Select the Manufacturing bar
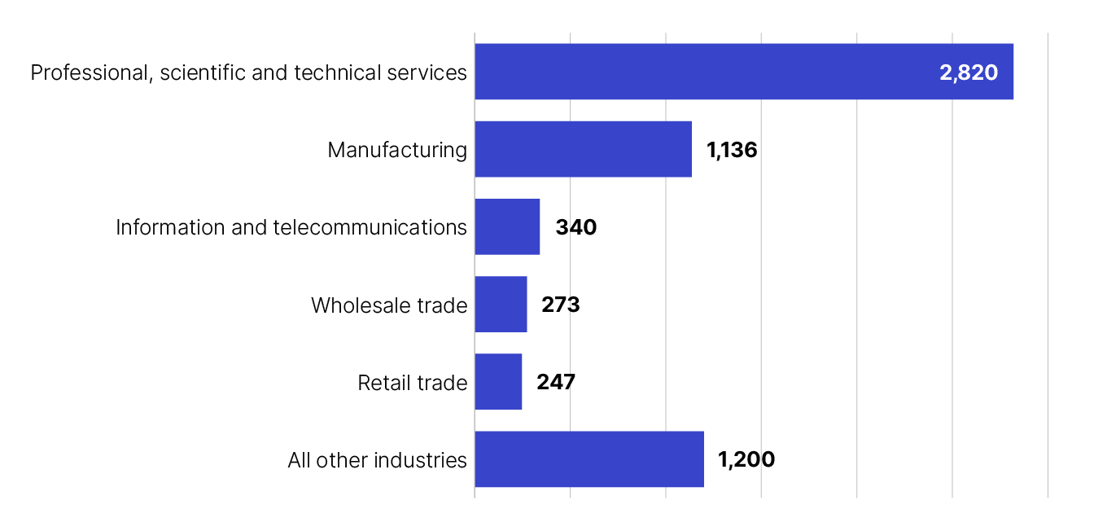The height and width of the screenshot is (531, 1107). pos(583,149)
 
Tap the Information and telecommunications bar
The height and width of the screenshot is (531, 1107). pos(507,226)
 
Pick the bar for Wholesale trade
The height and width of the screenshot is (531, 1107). pos(501,304)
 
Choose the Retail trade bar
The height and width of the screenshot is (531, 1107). pos(498,381)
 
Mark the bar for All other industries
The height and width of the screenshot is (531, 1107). pos(589,459)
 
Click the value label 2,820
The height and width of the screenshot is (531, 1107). pos(968,72)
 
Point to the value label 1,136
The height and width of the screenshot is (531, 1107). pos(732,150)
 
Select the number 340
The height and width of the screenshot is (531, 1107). pos(575,227)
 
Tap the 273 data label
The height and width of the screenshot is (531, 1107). pos(560,305)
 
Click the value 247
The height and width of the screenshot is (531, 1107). pos(555,382)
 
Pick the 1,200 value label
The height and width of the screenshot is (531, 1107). pos(746,459)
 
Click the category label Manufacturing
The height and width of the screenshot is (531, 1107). pos(397,150)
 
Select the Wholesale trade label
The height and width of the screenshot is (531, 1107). pos(389,305)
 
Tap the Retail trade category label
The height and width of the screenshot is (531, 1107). pos(413,383)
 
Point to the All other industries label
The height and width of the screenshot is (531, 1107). pos(377,460)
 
